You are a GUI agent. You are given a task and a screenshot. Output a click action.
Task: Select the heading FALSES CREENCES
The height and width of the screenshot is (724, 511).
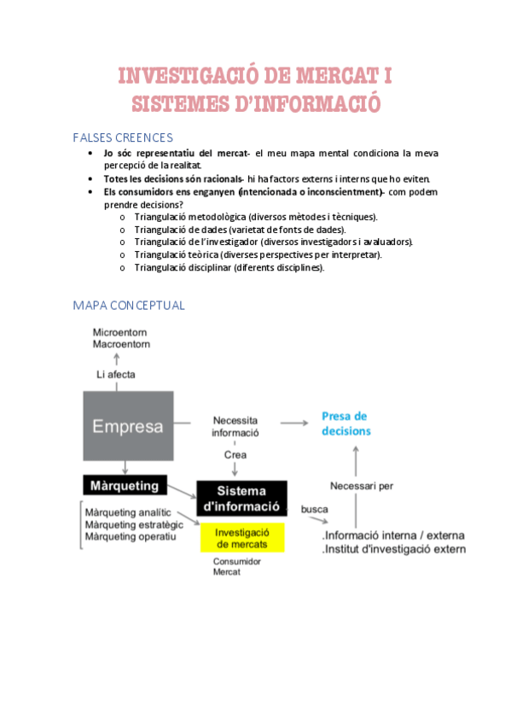tap(123, 137)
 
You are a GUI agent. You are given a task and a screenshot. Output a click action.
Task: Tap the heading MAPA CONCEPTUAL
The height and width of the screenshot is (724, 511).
tap(129, 305)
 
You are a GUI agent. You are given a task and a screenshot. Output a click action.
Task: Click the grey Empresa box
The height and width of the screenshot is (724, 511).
tap(127, 425)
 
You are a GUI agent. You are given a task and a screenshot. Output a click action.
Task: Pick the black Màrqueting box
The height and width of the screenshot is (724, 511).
tap(125, 486)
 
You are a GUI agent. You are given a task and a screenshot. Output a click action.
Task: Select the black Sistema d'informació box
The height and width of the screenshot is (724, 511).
tap(242, 498)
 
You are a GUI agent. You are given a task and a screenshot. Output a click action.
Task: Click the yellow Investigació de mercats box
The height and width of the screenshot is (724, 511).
tap(242, 538)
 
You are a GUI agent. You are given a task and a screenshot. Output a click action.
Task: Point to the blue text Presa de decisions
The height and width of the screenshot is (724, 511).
tap(346, 423)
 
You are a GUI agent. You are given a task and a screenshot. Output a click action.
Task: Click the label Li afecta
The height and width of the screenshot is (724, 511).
tap(115, 374)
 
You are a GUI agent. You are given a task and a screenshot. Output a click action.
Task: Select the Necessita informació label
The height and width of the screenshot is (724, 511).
tap(235, 426)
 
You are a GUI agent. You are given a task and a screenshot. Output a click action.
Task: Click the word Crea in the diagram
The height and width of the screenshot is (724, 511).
tap(235, 454)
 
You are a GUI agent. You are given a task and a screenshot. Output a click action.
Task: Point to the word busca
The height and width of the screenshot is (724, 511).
tap(315, 509)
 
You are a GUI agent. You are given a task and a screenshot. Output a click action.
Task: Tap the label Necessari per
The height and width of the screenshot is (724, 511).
tap(361, 487)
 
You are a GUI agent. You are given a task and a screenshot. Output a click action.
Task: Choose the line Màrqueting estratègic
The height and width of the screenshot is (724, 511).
tap(134, 524)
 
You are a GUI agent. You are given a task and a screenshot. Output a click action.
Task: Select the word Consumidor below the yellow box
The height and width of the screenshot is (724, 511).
tap(237, 561)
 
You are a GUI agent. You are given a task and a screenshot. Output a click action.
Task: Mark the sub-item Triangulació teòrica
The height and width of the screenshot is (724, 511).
tap(258, 254)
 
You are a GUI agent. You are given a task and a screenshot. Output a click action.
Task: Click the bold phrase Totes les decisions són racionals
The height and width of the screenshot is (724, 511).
tap(172, 178)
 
